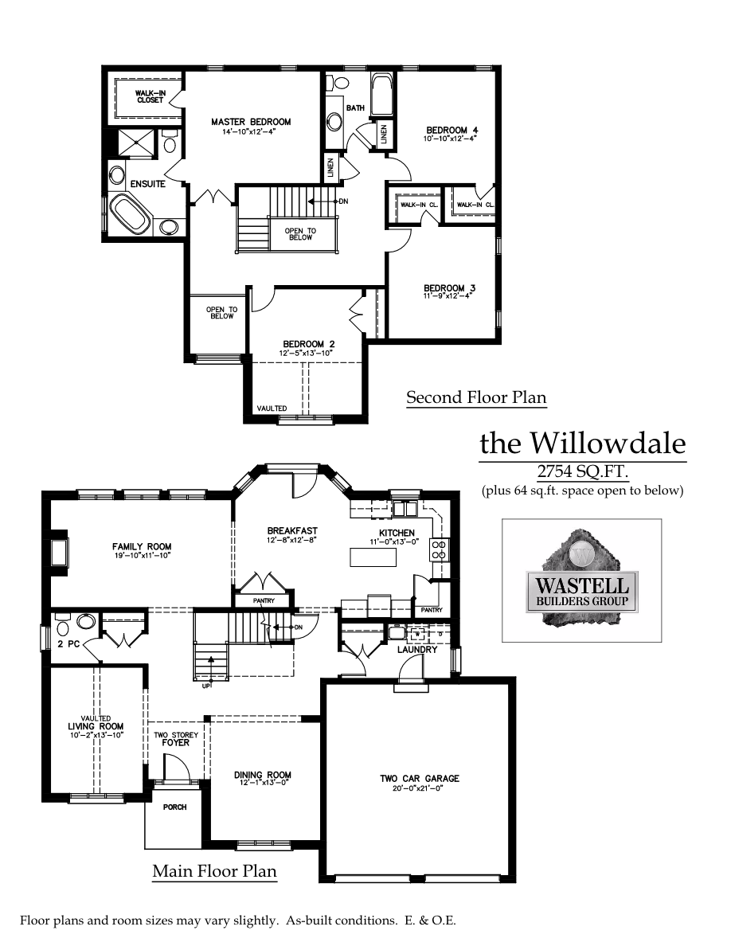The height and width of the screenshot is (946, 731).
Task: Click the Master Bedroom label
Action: coord(251,122)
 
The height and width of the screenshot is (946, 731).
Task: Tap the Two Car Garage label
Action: coord(419,778)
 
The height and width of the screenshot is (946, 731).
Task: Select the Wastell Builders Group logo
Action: coord(581,579)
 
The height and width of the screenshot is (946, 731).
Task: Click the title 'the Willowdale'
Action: coord(582,443)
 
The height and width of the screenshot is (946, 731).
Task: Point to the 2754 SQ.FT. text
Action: coord(584,472)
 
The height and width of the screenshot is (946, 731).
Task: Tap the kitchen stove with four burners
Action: coord(438,548)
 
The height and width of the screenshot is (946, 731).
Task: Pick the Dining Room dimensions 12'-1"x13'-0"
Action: coord(262,784)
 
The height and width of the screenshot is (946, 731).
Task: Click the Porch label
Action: coord(174,807)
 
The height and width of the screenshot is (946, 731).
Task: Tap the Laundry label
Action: coord(418,650)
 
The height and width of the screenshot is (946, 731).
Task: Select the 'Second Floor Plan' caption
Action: coord(476,397)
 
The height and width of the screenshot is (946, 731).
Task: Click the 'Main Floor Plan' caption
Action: coord(214,871)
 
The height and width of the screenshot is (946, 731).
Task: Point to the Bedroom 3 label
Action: coord(444,287)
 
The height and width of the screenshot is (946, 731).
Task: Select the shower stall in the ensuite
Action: coord(140,143)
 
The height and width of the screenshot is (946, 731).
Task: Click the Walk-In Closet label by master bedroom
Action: coord(150,96)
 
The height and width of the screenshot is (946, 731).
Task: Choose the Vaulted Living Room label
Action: coord(96,726)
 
